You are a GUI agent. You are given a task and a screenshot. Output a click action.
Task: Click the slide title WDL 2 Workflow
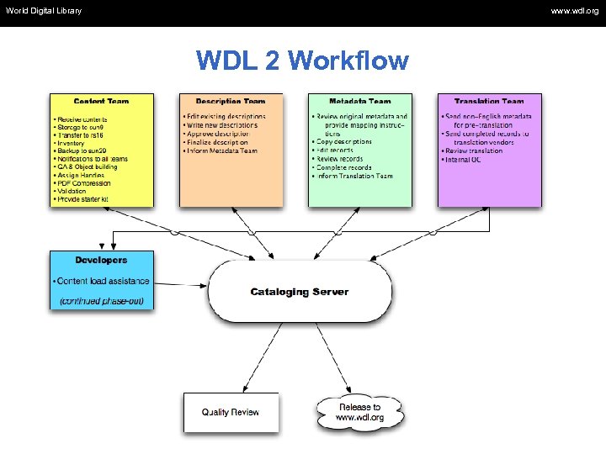(x=302, y=61)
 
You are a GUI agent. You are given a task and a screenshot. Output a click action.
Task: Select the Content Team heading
(x=102, y=102)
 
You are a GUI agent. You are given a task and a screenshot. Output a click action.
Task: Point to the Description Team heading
(x=231, y=102)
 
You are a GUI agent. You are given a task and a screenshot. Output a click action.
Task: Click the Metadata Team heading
(x=360, y=102)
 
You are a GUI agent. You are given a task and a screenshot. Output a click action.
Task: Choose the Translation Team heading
(x=489, y=102)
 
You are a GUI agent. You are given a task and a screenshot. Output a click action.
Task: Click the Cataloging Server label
(x=299, y=292)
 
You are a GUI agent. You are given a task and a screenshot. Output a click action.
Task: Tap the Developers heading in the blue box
(x=101, y=261)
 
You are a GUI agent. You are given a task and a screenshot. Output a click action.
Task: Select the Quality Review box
(x=231, y=412)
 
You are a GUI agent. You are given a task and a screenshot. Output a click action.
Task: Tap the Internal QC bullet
(x=464, y=160)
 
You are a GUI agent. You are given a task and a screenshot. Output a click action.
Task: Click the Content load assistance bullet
(x=102, y=281)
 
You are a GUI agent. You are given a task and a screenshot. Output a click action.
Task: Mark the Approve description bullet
(x=218, y=134)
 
